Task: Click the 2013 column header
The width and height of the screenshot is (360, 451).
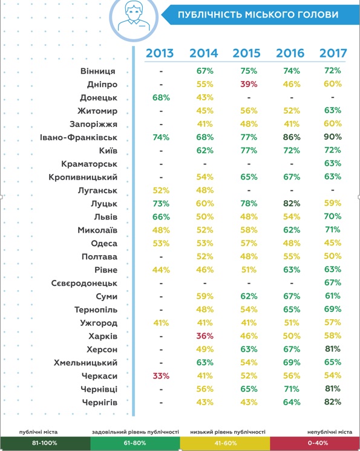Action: click(160, 53)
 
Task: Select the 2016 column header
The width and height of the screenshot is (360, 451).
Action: click(290, 53)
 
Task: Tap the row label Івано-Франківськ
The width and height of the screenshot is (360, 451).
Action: click(79, 137)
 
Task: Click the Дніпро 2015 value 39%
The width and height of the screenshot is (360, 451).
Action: click(249, 84)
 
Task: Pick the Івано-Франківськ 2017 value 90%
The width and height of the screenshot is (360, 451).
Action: click(333, 137)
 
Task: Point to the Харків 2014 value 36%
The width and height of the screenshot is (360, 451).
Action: click(205, 336)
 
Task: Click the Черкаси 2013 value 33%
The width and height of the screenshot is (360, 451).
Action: click(161, 376)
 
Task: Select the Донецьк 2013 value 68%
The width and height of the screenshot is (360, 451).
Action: click(161, 97)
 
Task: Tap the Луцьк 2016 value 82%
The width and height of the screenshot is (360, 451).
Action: click(292, 203)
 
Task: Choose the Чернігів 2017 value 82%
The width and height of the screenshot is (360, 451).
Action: click(333, 402)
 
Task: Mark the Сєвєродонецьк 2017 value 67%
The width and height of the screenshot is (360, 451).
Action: click(333, 282)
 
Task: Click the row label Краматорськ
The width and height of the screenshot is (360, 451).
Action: click(89, 164)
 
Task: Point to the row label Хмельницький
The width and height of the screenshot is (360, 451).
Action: click(85, 363)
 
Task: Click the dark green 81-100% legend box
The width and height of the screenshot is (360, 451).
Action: click(45, 443)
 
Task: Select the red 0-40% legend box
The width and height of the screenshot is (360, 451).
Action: click(315, 443)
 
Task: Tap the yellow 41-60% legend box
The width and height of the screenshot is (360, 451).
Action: click(225, 443)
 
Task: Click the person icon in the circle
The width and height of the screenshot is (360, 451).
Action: click(134, 17)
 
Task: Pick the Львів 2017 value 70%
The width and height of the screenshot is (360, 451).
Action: click(333, 216)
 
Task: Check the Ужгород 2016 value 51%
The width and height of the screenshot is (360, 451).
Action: click(292, 323)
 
